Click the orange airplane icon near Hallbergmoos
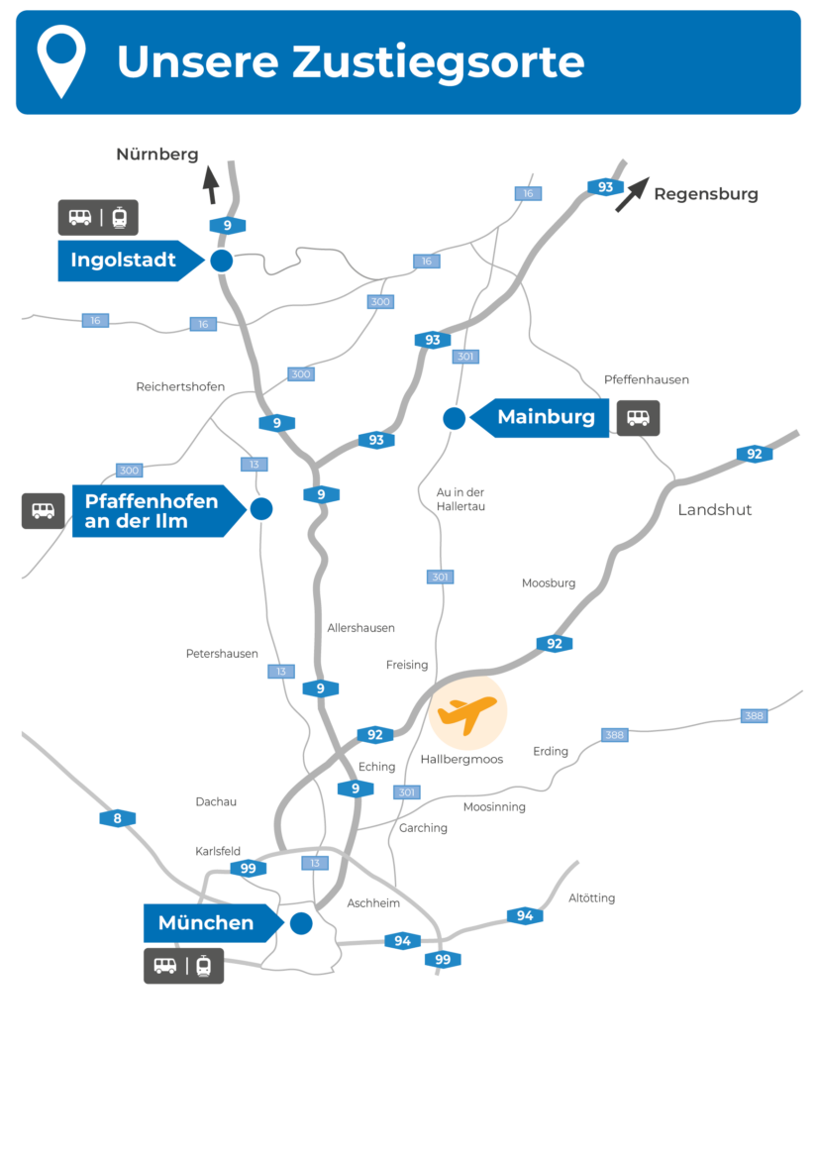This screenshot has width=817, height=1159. (x=467, y=712)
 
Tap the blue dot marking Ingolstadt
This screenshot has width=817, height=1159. (x=221, y=261)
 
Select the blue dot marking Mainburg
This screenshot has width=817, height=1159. (x=455, y=418)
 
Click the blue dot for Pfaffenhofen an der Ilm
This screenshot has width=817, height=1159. (x=261, y=509)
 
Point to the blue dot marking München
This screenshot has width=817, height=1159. (x=301, y=923)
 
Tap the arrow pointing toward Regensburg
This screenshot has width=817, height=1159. (x=632, y=194)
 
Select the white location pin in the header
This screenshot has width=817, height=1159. (x=61, y=60)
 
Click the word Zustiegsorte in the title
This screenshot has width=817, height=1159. (x=438, y=61)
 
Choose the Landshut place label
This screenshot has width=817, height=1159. (x=714, y=510)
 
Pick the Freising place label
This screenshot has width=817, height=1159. (x=407, y=665)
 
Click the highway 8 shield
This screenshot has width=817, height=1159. (x=117, y=818)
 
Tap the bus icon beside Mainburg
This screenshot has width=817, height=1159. (x=639, y=418)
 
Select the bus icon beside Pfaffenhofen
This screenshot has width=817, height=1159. (x=43, y=510)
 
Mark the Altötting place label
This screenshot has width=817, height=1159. (x=591, y=898)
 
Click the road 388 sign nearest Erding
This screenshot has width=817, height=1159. (x=615, y=734)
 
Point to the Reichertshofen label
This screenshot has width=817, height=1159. (x=180, y=386)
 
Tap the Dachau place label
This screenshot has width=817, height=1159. (x=216, y=801)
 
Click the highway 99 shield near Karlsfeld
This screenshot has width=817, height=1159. (x=248, y=869)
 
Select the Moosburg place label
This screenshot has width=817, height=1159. (x=549, y=583)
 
